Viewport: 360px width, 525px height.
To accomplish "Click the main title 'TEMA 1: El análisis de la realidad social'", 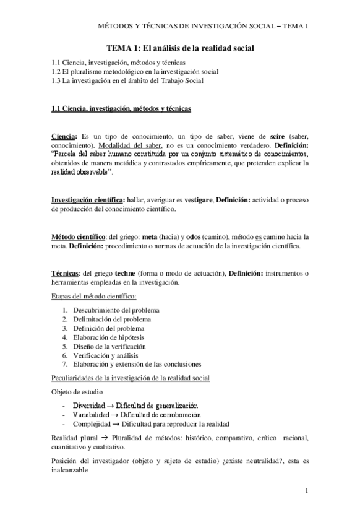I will (180, 48).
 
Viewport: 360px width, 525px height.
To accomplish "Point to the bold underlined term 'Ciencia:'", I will (64, 136).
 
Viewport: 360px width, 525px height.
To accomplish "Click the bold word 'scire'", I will (278, 136).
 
